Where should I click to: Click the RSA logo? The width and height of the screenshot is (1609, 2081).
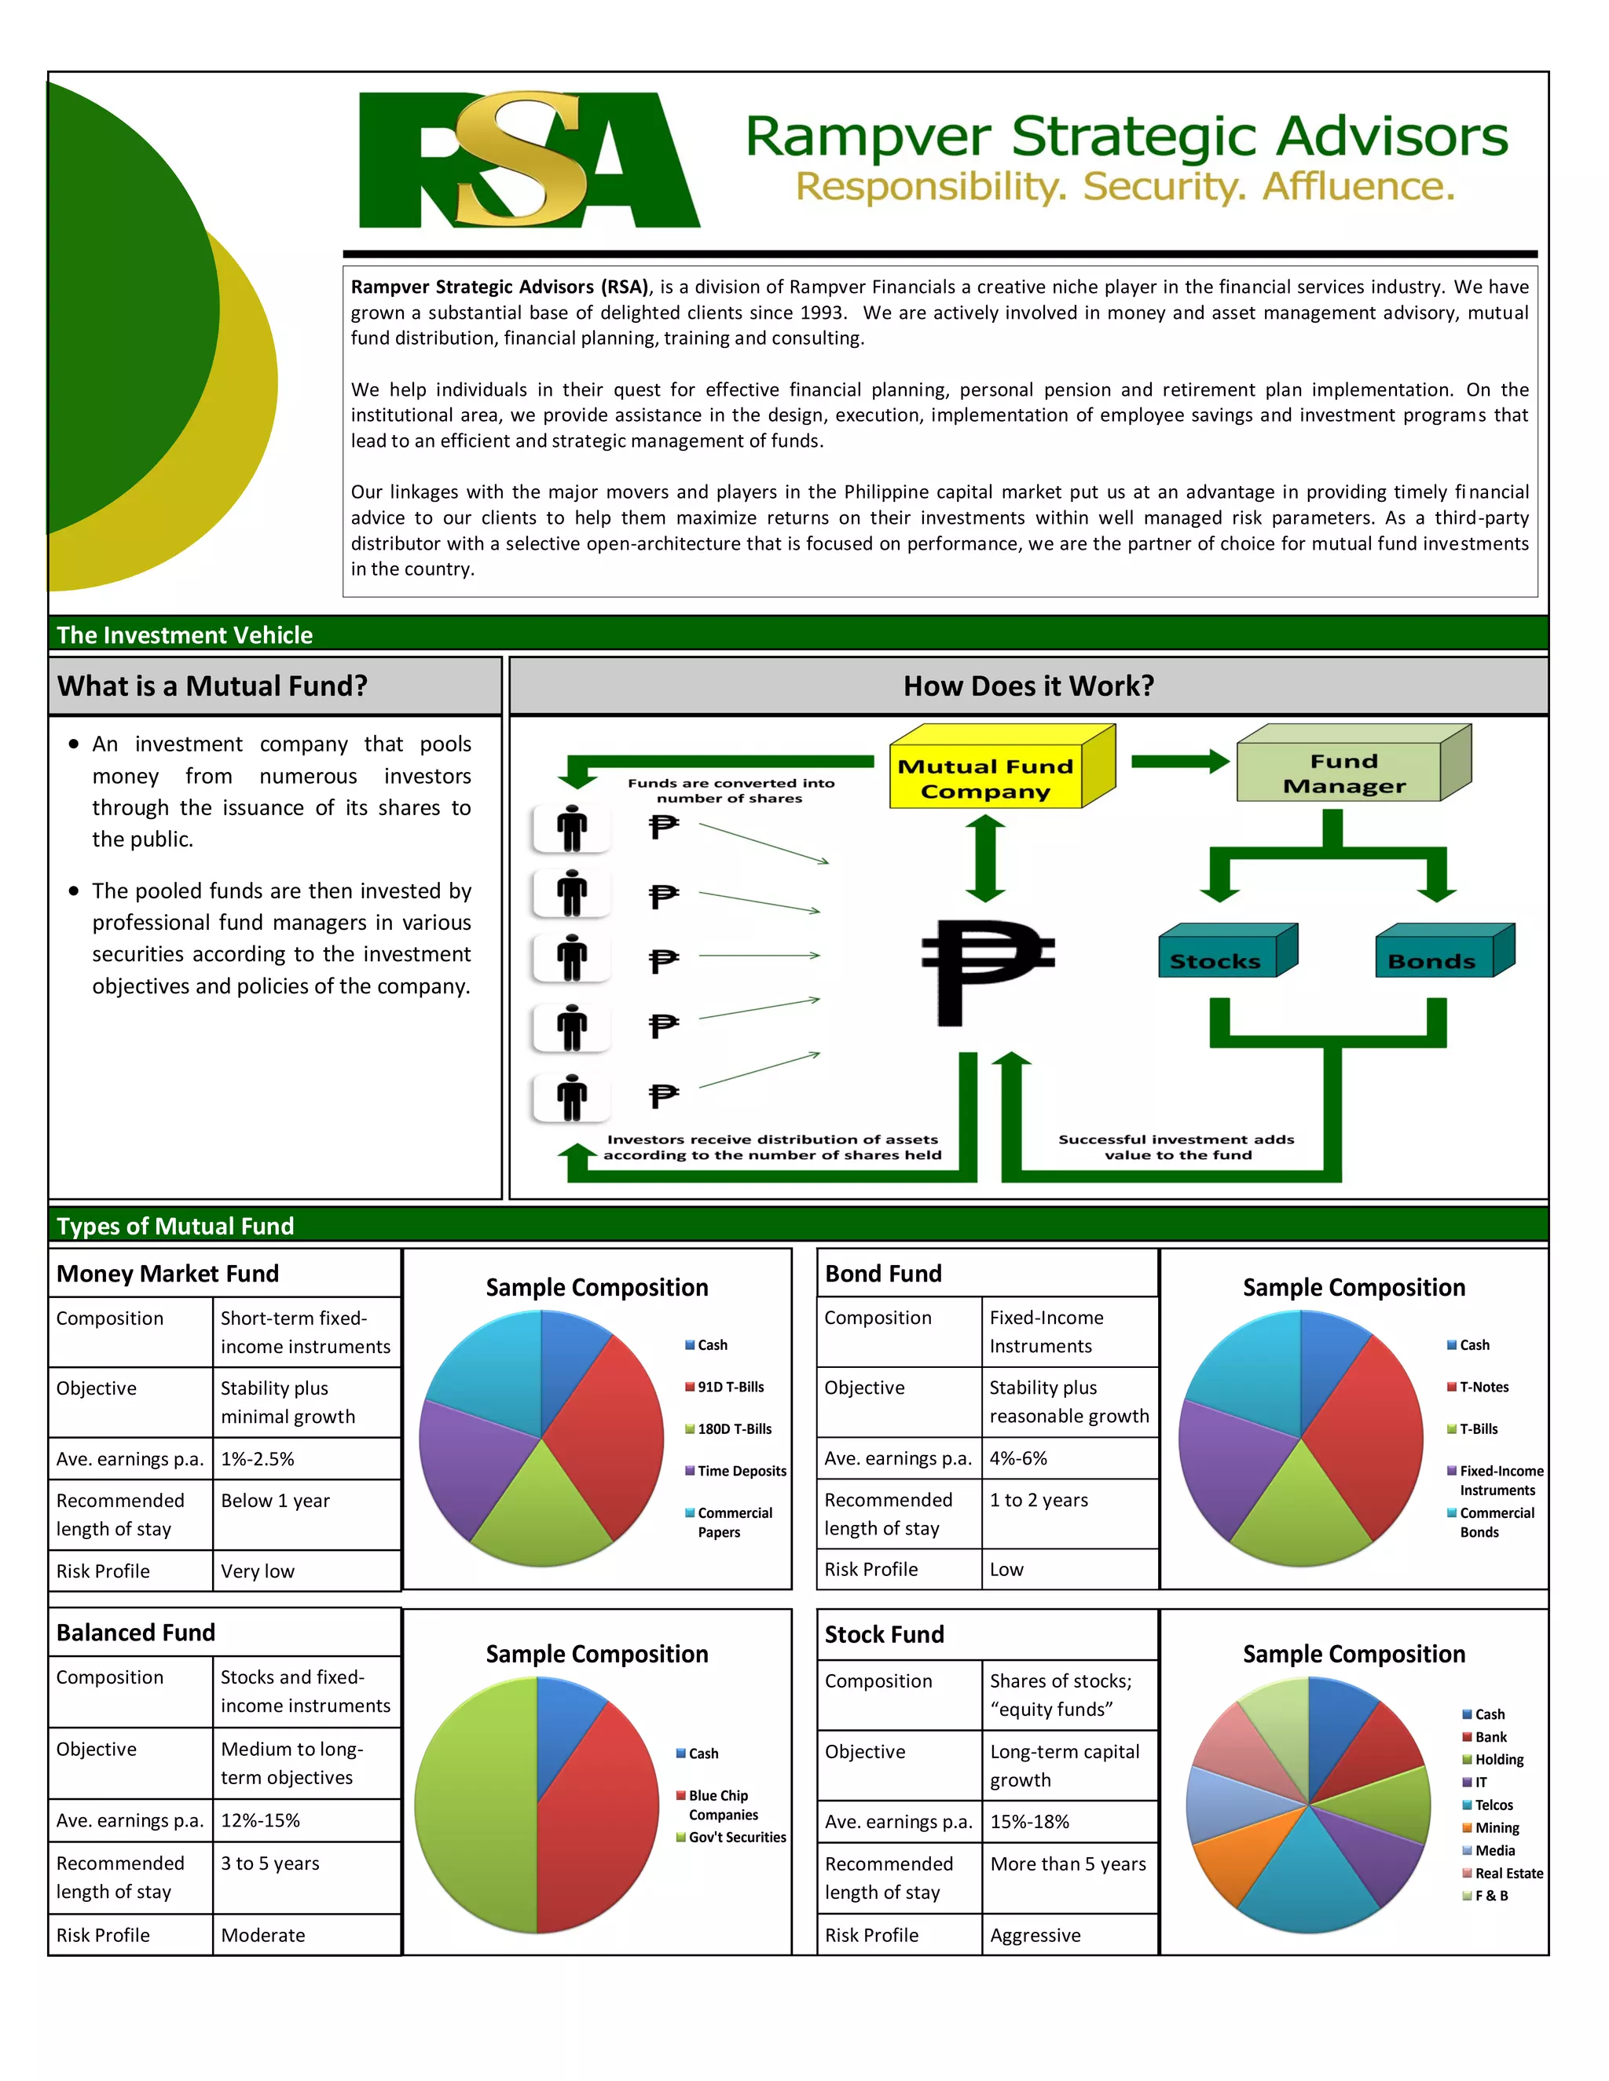pyautogui.click(x=529, y=160)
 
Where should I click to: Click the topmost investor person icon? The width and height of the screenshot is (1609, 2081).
pyautogui.click(x=572, y=828)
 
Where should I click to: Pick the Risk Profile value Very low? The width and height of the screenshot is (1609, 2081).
pyautogui.click(x=258, y=1571)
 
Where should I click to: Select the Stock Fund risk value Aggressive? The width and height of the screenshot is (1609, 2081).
pyautogui.click(x=1035, y=1935)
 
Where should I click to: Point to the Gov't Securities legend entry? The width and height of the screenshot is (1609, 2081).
pyautogui.click(x=737, y=1837)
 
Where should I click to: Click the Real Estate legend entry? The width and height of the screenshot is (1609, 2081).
pyautogui.click(x=1508, y=1873)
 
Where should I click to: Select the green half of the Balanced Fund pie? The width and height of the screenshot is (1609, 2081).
pyautogui.click(x=472, y=1805)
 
